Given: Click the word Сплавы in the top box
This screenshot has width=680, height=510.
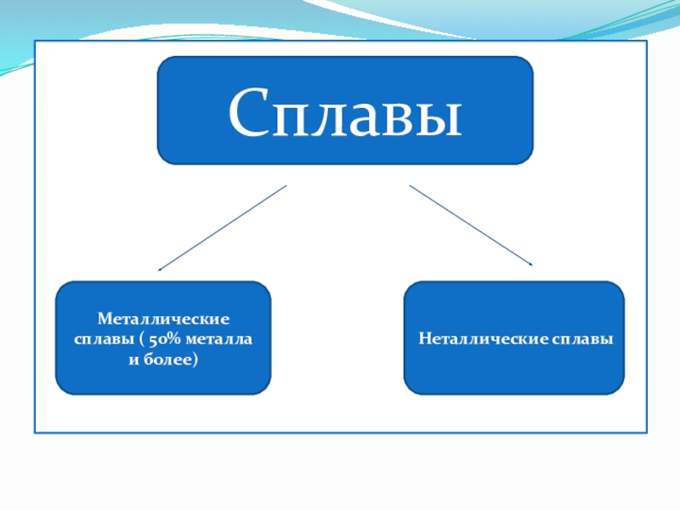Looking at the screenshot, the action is point(345,112).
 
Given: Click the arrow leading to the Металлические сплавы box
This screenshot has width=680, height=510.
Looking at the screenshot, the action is point(222,228).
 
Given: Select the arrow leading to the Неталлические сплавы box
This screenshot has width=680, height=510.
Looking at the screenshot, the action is point(471,225).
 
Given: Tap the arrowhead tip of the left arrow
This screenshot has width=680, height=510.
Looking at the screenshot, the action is point(158,271).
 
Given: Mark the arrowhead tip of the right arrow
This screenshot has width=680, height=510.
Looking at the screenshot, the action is point(532,264).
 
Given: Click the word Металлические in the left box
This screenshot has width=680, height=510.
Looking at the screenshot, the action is point(163,319).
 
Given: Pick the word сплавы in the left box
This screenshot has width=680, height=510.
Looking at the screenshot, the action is point(104,339).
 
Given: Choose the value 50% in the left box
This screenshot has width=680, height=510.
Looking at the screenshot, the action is point(164,339).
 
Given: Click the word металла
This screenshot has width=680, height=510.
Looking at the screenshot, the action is point(219,339).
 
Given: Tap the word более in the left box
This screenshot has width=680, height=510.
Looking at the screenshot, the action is point(167,360).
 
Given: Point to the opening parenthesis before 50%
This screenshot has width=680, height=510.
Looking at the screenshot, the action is point(142,339).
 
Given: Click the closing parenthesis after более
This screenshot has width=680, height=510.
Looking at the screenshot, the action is point(195,360).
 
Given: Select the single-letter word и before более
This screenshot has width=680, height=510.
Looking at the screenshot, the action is point(133,360).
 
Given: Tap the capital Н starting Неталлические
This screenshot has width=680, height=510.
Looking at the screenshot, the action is point(424,338).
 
